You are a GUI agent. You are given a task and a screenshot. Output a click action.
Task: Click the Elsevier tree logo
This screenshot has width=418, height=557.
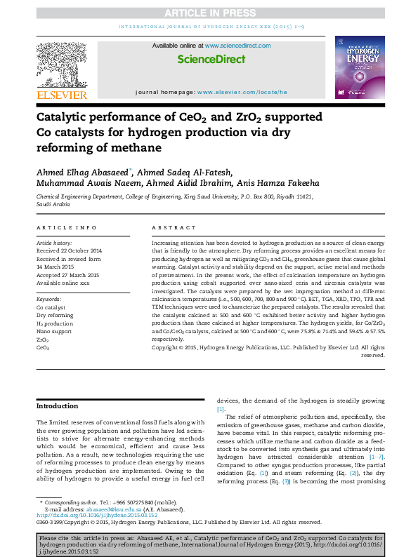62,64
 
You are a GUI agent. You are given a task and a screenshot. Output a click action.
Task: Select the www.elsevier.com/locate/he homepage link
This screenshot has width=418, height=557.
242,92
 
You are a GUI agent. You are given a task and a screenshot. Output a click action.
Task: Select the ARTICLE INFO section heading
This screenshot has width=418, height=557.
67,228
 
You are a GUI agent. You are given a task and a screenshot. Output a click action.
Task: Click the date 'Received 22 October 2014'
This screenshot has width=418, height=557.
69,250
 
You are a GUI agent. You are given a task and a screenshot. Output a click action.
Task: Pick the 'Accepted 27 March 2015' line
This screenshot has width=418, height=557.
68,275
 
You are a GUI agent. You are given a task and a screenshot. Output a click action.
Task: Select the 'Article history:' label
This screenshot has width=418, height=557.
54,241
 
